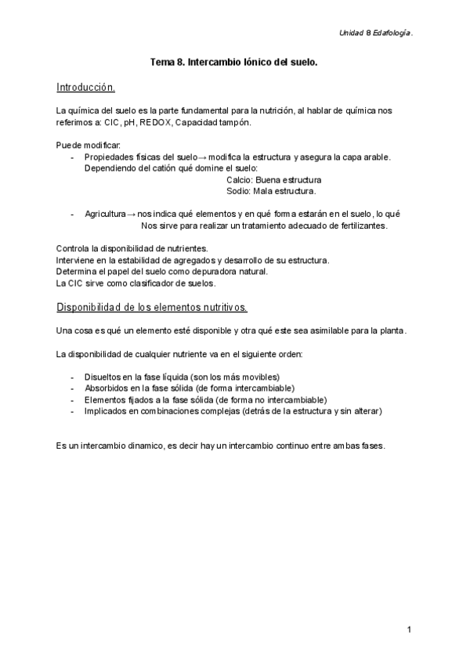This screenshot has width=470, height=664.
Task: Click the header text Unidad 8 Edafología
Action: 375,33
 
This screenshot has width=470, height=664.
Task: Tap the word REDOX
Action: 157,123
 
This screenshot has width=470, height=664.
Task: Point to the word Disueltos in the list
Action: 102,377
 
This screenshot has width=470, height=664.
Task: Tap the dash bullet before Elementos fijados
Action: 72,399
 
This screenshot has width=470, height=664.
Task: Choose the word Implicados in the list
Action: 106,410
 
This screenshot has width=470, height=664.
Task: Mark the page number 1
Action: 410,630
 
